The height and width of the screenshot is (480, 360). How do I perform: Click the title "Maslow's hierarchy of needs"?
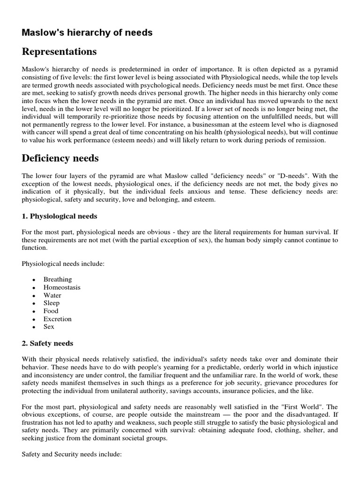tap(87, 32)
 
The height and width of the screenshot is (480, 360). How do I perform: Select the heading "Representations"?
tap(59, 51)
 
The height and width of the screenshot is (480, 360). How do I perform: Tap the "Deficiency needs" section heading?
tap(60, 158)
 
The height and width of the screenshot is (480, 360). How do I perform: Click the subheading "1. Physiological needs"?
tap(60, 216)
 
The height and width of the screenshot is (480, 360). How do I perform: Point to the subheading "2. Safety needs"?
tap(47, 343)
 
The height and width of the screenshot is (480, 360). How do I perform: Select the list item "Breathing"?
tap(58, 279)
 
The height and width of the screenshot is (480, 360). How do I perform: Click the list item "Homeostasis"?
tap(62, 287)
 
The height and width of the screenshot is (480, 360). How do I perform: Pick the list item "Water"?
tap(52, 295)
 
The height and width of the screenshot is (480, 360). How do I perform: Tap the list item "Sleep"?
tap(52, 303)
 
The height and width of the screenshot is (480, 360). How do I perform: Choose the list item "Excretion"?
tap(58, 319)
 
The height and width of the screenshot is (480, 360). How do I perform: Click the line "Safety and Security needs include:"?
tap(72, 455)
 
